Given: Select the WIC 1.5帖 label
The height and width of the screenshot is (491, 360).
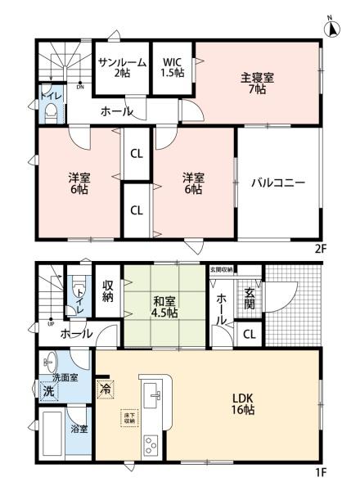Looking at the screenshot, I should [x=172, y=67].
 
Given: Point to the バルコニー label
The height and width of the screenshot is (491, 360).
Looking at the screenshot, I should [x=277, y=182].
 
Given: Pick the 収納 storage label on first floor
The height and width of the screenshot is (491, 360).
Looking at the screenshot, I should [x=108, y=291].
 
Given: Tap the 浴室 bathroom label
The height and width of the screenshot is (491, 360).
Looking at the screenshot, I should [x=79, y=427].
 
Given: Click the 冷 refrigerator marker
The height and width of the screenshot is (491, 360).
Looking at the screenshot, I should [x=105, y=390].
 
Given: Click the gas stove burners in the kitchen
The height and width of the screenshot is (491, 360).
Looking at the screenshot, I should [x=152, y=447].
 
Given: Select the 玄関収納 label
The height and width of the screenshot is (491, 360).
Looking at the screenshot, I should [x=221, y=269].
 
